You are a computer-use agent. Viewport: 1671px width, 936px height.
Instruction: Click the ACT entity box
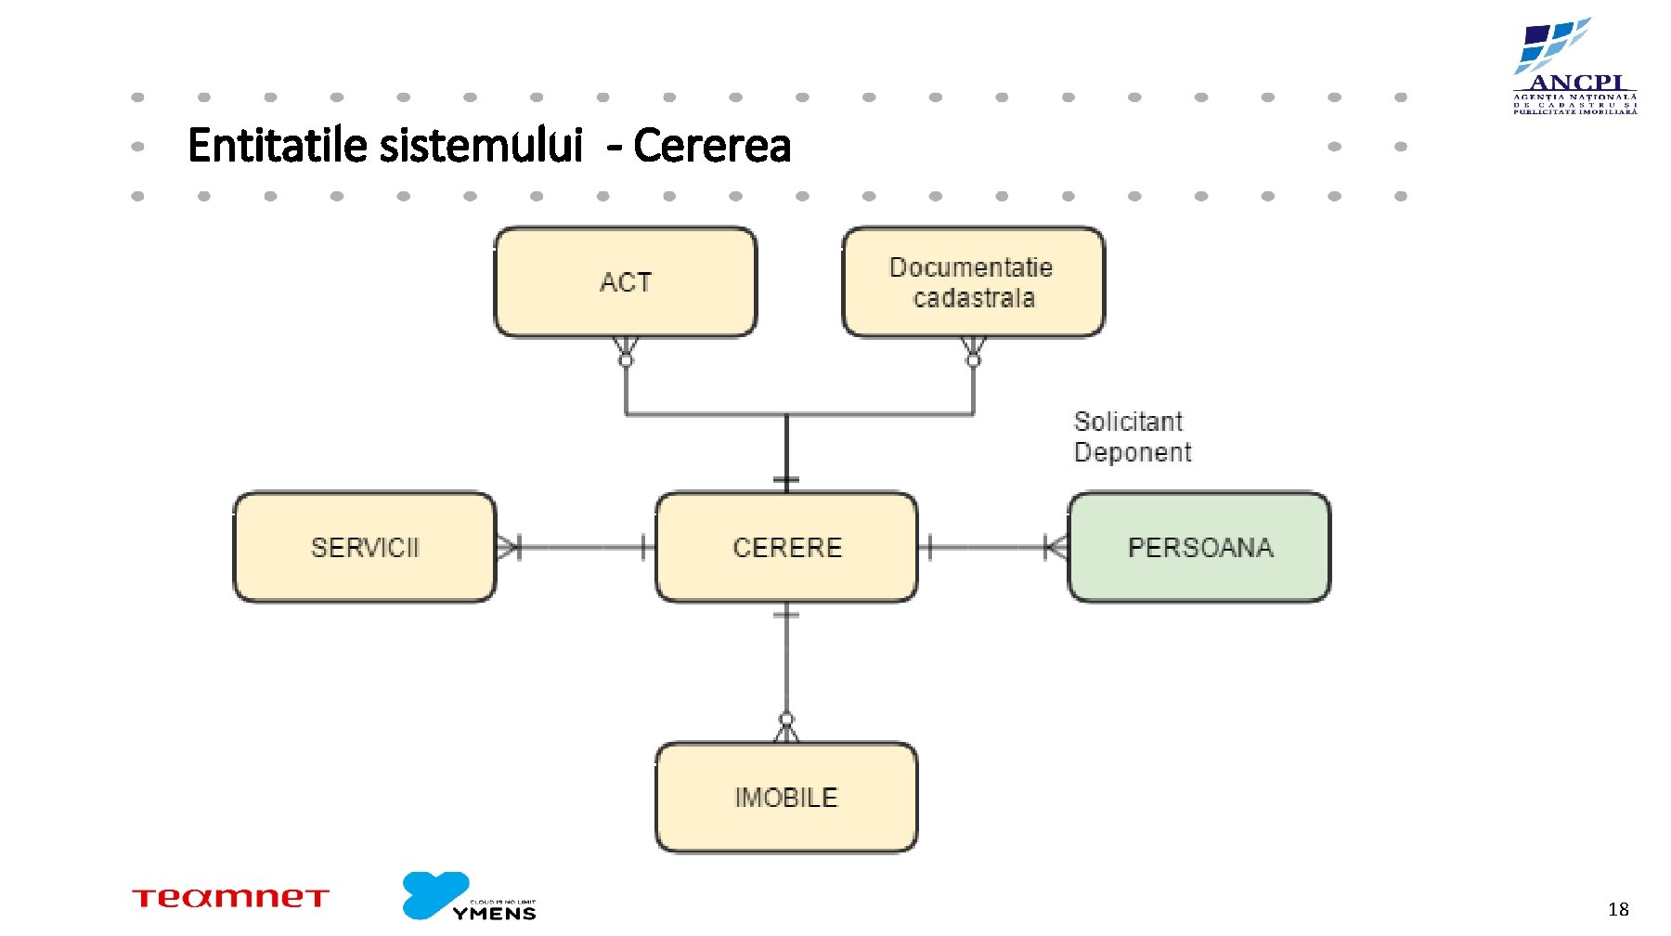[x=625, y=282]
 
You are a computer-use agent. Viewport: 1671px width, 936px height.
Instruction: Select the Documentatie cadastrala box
[x=973, y=282]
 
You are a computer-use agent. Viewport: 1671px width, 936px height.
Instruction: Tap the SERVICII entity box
[x=364, y=547]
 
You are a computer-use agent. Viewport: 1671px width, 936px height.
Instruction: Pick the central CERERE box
[x=786, y=547]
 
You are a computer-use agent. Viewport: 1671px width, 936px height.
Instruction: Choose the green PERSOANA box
[x=1199, y=547]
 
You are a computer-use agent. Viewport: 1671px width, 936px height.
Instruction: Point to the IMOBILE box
[x=786, y=797]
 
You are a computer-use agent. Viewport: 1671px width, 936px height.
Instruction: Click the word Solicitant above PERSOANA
[x=1128, y=422]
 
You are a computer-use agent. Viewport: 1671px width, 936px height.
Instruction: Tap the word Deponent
[x=1133, y=452]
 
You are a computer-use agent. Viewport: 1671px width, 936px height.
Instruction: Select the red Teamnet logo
[x=230, y=897]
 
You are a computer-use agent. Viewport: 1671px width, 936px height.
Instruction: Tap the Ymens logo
[x=469, y=896]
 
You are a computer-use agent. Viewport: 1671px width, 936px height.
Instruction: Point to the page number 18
[x=1618, y=909]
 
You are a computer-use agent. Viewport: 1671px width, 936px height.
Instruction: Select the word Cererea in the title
[x=712, y=146]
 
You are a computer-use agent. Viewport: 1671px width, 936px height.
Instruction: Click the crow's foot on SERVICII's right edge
[x=507, y=547]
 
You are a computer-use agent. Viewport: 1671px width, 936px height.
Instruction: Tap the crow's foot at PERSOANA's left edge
[x=1056, y=547]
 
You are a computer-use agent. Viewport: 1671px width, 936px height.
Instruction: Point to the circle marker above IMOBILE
[x=786, y=720]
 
